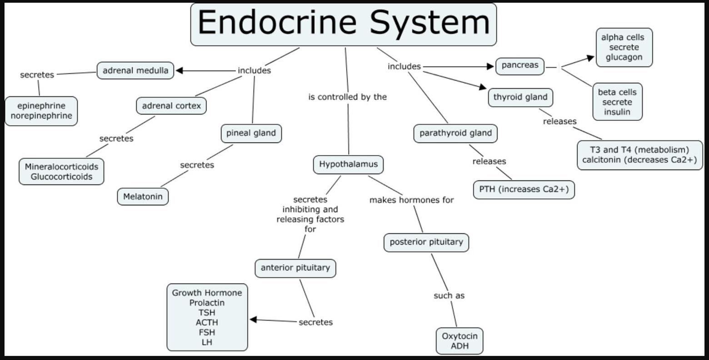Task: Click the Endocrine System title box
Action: coord(343,24)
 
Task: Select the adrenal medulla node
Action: coord(135,70)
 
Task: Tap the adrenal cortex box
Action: coord(171,106)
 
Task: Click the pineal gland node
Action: coord(251,133)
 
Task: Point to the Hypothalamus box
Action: coord(348,165)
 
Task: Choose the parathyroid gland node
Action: coord(455,133)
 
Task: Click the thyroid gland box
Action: coord(520,97)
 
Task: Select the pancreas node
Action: coord(520,65)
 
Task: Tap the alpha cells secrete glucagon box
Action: coord(624,47)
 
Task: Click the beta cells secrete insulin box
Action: coord(617,102)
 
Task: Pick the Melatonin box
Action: coord(143,197)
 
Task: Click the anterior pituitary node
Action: coord(295,268)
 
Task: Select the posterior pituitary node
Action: coord(426,242)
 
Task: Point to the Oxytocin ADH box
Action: coord(459,341)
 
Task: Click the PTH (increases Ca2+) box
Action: coord(524,190)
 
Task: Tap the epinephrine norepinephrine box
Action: coord(41,111)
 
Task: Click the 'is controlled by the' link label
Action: coord(347,97)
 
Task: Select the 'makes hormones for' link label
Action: coord(411,200)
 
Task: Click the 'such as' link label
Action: coord(449,296)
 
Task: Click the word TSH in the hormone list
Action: coord(207,313)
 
